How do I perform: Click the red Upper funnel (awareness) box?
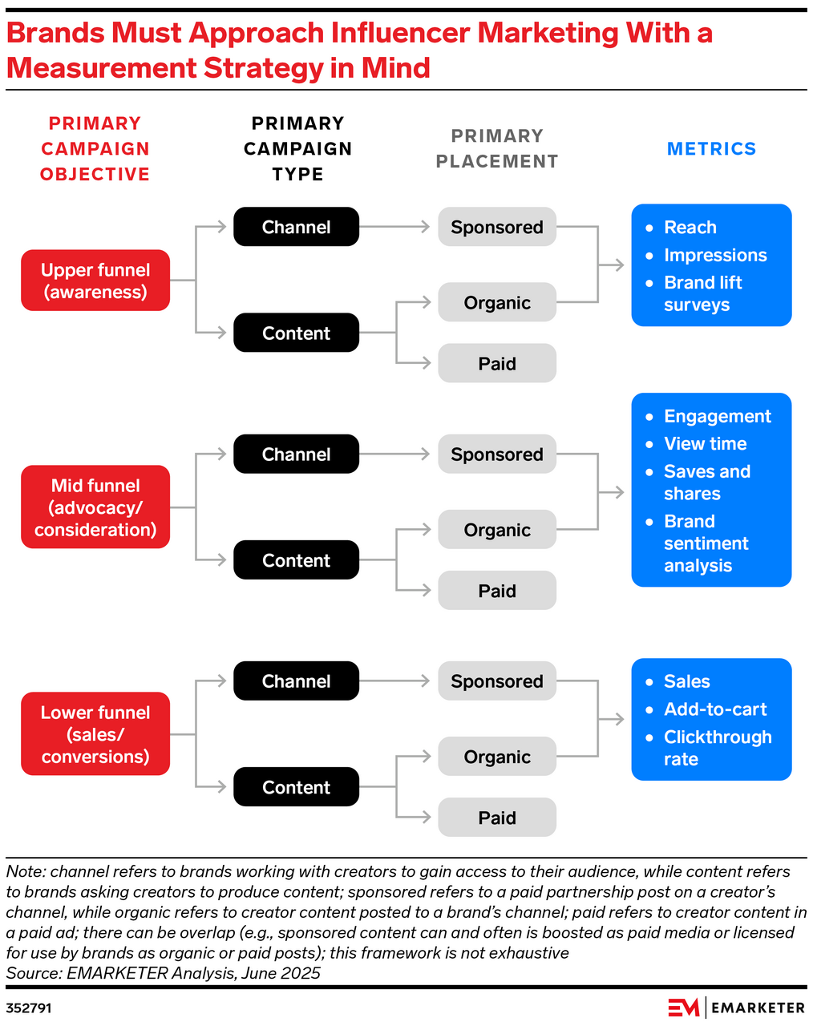[95, 281]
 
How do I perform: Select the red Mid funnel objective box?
[95, 507]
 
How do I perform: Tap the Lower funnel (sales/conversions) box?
[95, 734]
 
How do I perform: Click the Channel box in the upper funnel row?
[296, 227]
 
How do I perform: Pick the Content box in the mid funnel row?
[296, 560]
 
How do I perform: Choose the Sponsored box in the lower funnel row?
[496, 681]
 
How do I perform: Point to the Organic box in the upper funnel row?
[496, 303]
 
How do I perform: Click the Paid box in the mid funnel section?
[496, 591]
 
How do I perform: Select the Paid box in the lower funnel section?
[496, 818]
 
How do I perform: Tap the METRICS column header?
[711, 149]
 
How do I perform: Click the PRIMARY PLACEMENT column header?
[496, 149]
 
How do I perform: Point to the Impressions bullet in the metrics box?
[714, 255]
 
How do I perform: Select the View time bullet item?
[705, 444]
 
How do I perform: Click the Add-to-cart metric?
[714, 709]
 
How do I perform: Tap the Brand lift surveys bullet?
[702, 293]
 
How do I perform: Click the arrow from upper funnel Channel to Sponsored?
[395, 227]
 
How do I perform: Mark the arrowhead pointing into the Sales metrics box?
[618, 719]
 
